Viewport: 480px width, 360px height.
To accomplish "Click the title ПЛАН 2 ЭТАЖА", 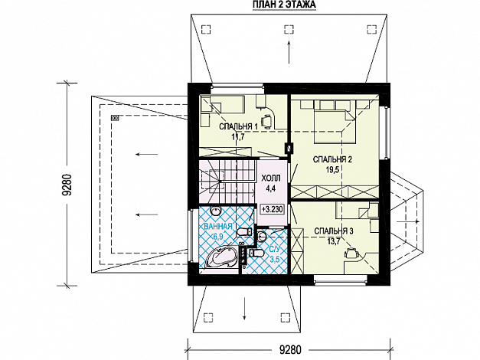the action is coord(284,5).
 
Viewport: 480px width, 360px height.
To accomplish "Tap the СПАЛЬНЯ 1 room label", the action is coord(239,126).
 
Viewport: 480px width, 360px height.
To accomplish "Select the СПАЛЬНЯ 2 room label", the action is coord(332,159).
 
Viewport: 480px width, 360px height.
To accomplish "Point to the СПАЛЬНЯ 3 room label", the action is coord(334,231).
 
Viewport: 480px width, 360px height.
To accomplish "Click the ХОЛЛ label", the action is coord(271,178).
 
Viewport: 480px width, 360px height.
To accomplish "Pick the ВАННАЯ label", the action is coord(217,227).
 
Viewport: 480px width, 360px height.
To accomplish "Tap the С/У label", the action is coord(274,250).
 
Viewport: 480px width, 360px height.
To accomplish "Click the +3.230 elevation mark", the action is coord(272,209).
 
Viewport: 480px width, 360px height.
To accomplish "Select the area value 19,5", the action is coord(331,169).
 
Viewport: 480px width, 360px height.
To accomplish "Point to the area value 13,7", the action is coord(334,241).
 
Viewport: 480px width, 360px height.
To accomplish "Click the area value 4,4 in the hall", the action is coord(271,188).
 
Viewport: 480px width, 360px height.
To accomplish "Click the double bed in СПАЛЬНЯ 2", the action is coord(335,122).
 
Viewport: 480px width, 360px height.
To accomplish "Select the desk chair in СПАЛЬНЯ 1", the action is coord(267,120).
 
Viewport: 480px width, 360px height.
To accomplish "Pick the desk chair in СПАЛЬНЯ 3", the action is coord(351,253).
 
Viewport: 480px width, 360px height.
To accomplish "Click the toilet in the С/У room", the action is coord(256,253).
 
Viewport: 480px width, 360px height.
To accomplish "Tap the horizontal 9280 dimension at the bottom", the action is coord(290,349).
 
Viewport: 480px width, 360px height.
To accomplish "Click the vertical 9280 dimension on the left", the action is coord(67,185).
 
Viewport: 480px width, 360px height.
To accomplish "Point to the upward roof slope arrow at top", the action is coord(289,52).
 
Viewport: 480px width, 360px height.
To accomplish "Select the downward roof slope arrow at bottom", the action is coord(244,308).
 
